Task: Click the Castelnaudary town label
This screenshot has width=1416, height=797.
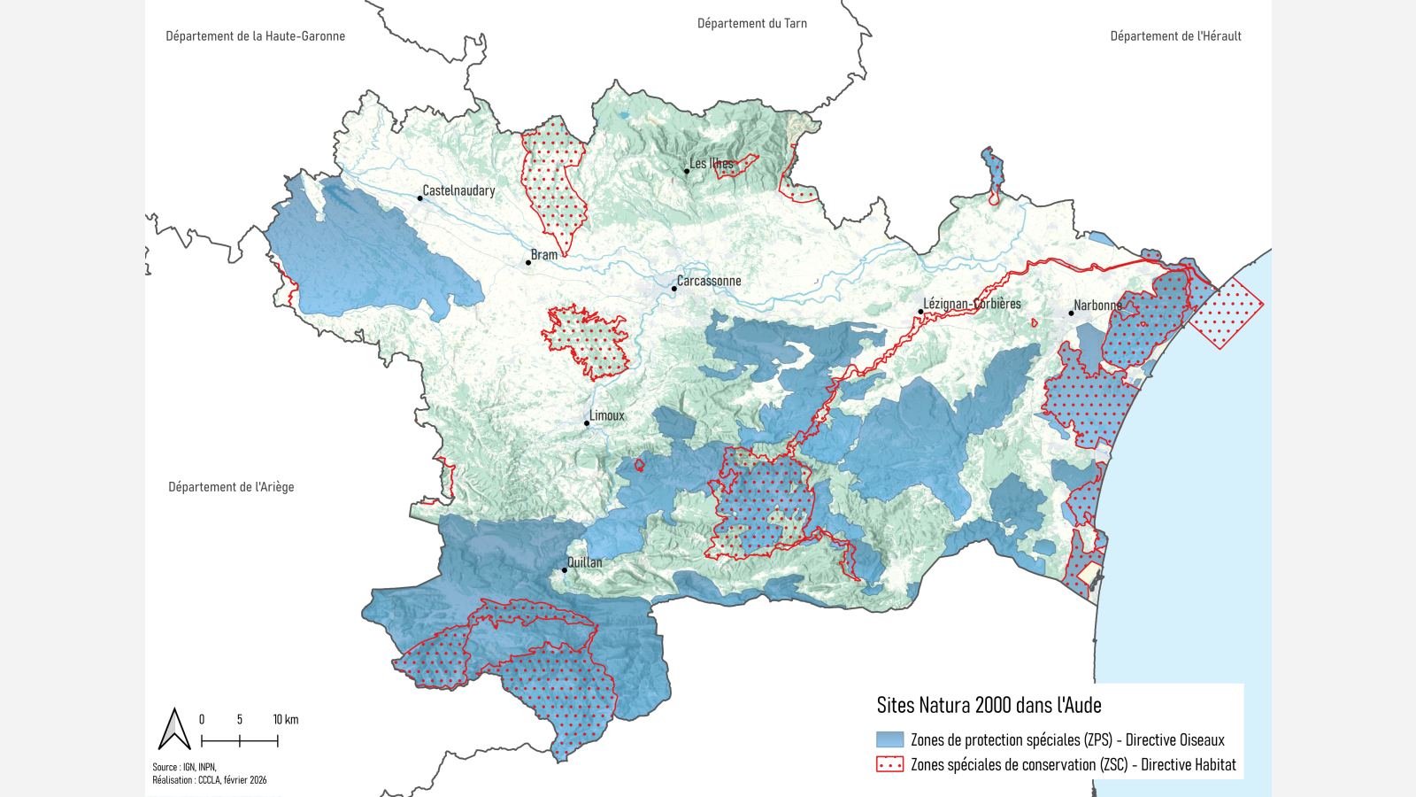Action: pos(458,190)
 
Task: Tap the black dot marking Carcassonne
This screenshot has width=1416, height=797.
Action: pos(674,288)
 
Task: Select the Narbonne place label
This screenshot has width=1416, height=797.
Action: pos(1097,306)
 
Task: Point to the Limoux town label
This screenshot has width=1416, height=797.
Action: pos(607,415)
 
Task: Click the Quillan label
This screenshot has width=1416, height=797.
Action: pos(585,562)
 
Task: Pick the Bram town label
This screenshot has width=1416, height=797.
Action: pos(544,255)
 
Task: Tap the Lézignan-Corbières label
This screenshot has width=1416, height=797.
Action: pos(972,304)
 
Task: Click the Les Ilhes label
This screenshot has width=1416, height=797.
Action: pos(712,164)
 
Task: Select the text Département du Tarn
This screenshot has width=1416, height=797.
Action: pos(752,24)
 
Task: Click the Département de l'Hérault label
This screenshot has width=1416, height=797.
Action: pos(1175,36)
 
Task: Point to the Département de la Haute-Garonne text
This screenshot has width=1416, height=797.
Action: pos(256,36)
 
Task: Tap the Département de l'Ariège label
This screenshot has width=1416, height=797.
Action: pos(231,487)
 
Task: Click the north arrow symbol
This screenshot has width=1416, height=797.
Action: pos(174,730)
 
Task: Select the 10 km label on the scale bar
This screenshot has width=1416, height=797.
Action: pos(285,719)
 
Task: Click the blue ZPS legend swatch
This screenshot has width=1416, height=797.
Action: pos(889,739)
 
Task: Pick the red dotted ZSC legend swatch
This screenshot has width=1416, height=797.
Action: pos(889,764)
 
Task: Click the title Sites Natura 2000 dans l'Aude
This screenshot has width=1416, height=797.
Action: pos(989,706)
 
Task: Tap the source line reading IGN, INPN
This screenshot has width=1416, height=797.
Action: pos(184,767)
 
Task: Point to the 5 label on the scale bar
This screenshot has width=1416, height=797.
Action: pos(240,719)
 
